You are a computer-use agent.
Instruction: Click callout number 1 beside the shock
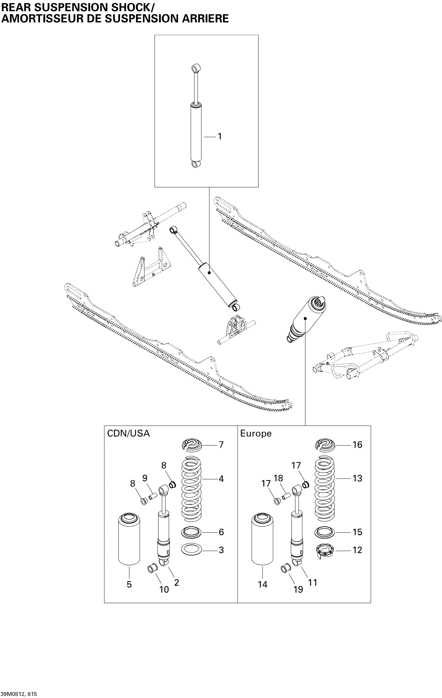tap(220, 136)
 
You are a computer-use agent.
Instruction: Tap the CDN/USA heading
tap(128, 433)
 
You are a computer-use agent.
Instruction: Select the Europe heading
tap(256, 434)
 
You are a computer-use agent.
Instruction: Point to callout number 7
tap(221, 445)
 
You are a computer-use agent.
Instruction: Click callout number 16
tap(357, 445)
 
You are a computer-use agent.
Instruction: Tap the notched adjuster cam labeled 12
tap(324, 550)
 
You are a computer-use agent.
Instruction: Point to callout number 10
tap(164, 589)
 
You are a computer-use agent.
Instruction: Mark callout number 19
tap(298, 589)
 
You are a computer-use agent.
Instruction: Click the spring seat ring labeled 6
tap(191, 532)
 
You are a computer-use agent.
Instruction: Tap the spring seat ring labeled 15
tap(324, 532)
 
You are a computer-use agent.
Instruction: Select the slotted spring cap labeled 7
tap(191, 445)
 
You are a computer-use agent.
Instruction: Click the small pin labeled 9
tap(153, 496)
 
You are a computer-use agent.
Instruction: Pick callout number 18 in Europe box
tap(278, 478)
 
